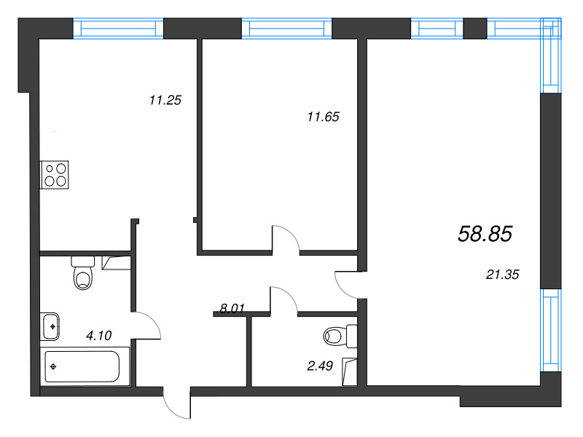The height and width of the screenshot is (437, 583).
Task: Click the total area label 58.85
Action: pos(486,234)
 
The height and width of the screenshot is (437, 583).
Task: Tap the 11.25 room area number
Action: pos(164,101)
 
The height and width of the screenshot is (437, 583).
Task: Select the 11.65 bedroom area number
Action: pos(324,115)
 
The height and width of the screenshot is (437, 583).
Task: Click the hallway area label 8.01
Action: pos(232,308)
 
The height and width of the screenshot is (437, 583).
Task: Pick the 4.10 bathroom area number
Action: pos(99,336)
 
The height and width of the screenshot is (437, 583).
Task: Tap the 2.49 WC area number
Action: pos(320,366)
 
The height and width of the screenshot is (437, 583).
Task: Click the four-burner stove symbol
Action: pos(55,176)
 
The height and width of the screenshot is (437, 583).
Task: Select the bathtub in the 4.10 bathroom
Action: pos(82,366)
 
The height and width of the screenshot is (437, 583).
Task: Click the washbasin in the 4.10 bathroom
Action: pos(51,325)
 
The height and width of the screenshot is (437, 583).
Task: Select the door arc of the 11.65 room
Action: pos(286,237)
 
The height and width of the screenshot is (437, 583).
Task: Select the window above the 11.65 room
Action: pos(286,28)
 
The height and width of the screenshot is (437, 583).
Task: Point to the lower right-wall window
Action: pos(551,331)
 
